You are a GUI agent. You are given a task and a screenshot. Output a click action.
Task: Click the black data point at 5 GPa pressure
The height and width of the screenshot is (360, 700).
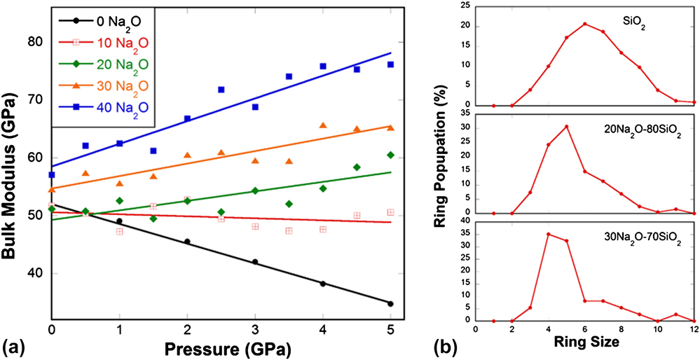pos(390,303)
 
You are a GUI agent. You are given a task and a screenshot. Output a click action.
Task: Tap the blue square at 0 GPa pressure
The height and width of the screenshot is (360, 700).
pos(52,174)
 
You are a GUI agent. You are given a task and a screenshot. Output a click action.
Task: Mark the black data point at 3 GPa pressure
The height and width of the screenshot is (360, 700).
pos(255,262)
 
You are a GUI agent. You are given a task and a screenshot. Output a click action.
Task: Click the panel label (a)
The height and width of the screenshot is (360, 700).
pos(14,347)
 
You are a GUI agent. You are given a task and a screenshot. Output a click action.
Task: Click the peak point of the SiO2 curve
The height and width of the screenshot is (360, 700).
pos(584,24)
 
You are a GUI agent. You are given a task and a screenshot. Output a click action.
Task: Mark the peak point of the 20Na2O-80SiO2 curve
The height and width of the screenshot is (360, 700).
pos(566,126)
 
